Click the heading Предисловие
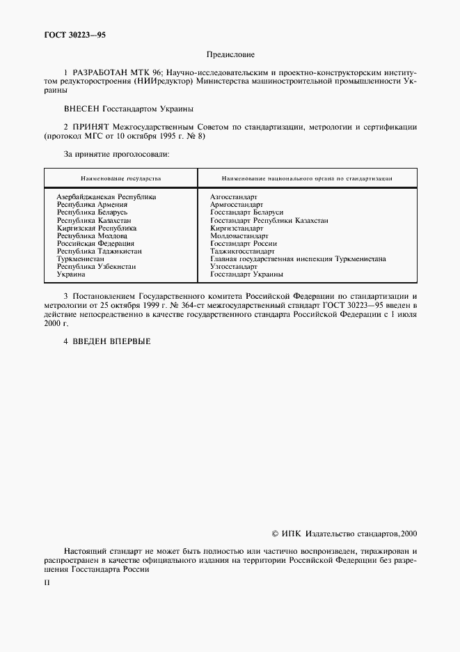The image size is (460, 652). (x=230, y=54)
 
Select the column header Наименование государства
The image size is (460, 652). (x=120, y=178)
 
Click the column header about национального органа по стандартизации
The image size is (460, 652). (x=307, y=178)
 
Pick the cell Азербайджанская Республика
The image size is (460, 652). (x=106, y=197)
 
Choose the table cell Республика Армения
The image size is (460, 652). (x=92, y=205)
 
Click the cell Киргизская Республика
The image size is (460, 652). (x=97, y=228)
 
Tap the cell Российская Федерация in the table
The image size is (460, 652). (x=96, y=244)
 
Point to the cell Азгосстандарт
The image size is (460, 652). (x=233, y=197)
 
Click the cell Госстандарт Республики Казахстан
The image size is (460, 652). (x=269, y=220)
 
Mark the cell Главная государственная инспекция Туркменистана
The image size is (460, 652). (x=298, y=259)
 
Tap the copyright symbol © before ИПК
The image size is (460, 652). (x=274, y=534)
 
